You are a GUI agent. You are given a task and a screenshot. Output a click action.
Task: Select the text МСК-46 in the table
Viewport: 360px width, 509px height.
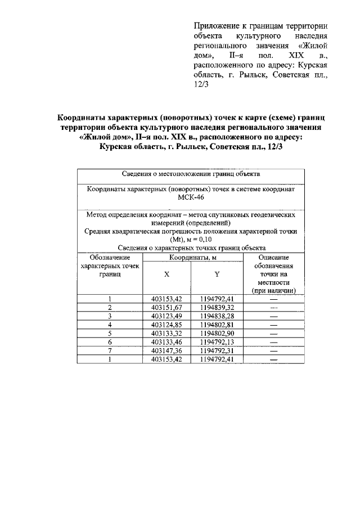click(x=191, y=199)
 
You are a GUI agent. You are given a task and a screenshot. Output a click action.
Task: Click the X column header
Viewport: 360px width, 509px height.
click(x=166, y=274)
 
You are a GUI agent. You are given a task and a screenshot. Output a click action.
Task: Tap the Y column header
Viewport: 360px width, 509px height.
click(x=217, y=274)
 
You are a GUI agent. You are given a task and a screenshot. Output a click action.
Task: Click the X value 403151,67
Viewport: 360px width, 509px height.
click(x=166, y=308)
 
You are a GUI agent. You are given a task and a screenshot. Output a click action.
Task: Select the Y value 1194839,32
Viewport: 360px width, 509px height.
click(x=217, y=308)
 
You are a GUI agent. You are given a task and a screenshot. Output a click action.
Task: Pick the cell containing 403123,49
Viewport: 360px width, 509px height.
click(x=166, y=316)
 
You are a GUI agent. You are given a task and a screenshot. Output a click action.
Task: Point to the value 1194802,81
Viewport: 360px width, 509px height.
click(x=217, y=325)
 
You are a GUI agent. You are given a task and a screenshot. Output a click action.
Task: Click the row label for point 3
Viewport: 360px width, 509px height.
click(x=110, y=316)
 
